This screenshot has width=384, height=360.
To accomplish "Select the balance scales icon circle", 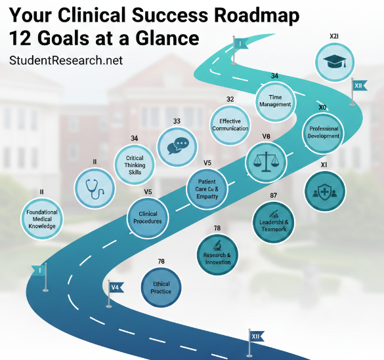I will (x=266, y=161).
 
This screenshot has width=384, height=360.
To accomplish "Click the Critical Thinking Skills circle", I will (x=135, y=163).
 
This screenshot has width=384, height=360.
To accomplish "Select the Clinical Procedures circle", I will (x=148, y=218).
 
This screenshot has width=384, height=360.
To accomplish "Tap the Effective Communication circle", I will (x=230, y=125).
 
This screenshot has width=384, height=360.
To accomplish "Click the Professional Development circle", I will (x=324, y=132).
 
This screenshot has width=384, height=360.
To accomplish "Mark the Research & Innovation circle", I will (x=217, y=254).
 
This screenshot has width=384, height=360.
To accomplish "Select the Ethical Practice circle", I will (x=161, y=287).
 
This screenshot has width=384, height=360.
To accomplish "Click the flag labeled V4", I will (x=115, y=287).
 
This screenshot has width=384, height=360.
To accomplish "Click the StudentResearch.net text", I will (x=66, y=60).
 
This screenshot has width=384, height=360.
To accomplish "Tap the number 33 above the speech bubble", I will (x=177, y=121).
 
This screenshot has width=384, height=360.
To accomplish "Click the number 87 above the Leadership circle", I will (x=274, y=196).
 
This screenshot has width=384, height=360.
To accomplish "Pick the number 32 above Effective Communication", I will (x=230, y=99).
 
